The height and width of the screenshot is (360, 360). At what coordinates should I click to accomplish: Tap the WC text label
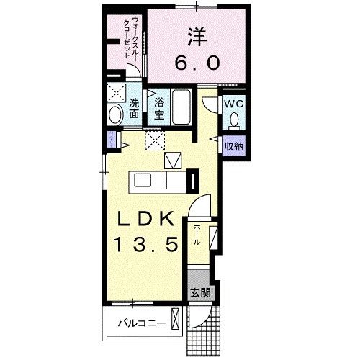pyautogui.click(x=232, y=104)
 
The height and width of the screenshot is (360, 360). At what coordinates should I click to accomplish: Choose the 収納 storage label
pyautogui.click(x=233, y=146)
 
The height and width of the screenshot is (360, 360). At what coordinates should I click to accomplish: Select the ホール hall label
pyautogui.click(x=196, y=235)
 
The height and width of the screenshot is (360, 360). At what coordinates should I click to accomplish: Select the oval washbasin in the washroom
pyautogui.click(x=114, y=114)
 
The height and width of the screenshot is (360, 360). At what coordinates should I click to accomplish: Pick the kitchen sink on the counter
pyautogui.click(x=142, y=179)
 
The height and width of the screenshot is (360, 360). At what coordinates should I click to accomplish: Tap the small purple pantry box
pyautogui.click(x=111, y=139)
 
